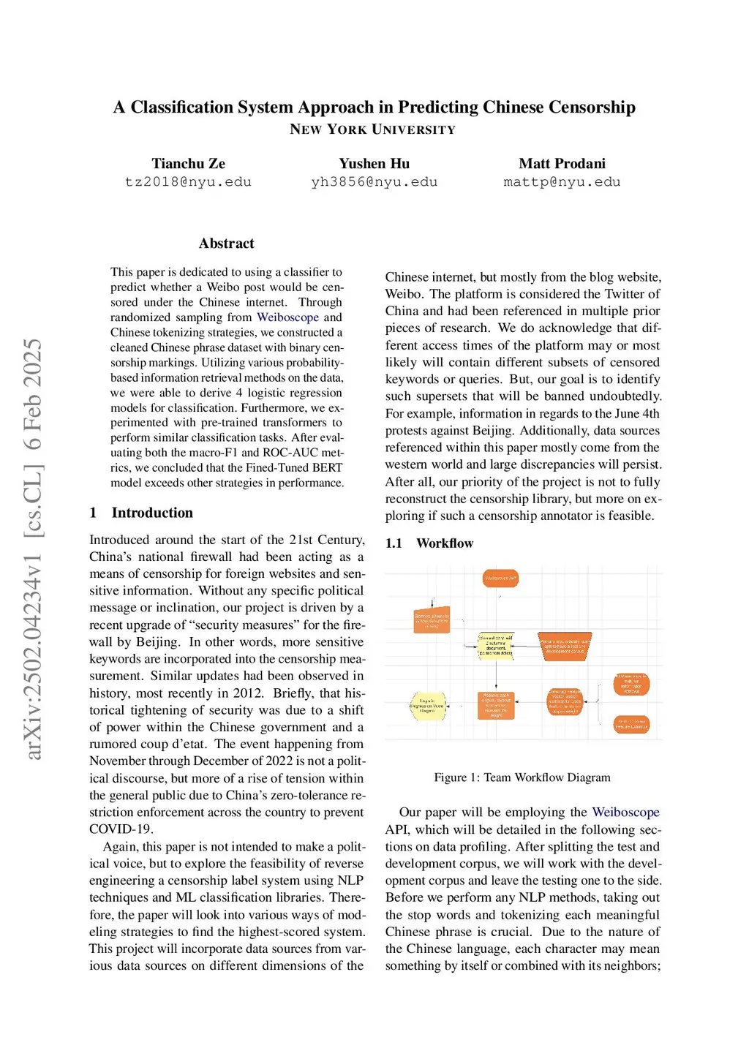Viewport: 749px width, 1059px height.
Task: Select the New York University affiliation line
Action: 372,129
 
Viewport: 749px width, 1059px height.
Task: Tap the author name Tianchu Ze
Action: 188,164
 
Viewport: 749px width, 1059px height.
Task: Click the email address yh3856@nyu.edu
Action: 374,182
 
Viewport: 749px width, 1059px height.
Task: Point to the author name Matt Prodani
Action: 562,164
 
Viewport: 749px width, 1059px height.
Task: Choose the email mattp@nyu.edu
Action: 562,182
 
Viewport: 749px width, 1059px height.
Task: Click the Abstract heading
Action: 226,244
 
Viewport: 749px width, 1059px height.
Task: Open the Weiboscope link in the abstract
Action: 287,317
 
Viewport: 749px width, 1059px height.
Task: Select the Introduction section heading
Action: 152,513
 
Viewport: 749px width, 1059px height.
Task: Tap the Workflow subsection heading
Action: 445,543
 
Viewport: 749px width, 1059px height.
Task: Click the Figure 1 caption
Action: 522,777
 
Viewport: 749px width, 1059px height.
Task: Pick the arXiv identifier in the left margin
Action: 34,549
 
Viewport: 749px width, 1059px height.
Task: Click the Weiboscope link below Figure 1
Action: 625,813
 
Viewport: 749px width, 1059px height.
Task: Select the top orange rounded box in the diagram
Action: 501,579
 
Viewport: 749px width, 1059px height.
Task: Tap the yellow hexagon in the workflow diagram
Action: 428,706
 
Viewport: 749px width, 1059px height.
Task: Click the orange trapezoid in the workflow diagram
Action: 565,647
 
